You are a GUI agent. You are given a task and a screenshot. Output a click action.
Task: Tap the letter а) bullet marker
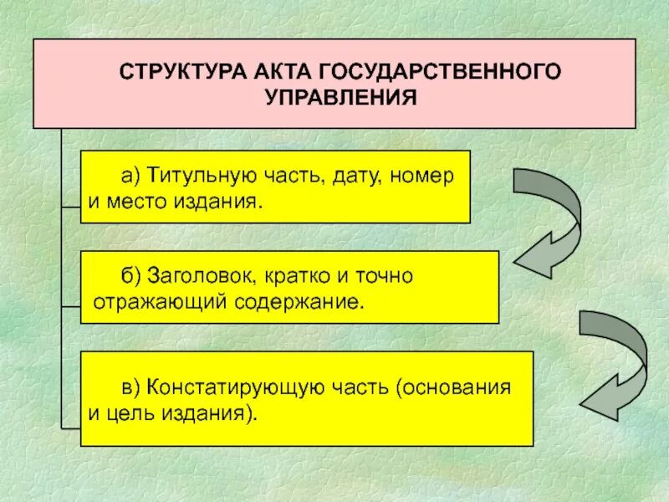point(130,176)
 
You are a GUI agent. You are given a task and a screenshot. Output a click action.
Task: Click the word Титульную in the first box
point(188,176)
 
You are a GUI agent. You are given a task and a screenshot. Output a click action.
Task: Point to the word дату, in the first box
point(358,176)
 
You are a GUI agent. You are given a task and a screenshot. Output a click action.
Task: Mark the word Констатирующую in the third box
point(218,387)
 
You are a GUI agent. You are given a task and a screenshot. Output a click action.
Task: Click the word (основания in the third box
point(453,387)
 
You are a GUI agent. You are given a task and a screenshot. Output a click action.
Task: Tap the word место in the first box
point(130,202)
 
